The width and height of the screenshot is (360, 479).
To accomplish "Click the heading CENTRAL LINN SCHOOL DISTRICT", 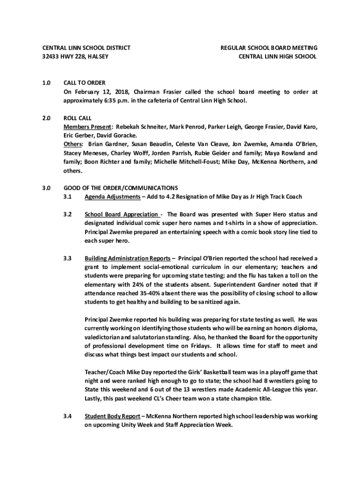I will pos(86,48).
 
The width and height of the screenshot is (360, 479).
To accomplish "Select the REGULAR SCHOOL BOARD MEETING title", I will pos(269,48).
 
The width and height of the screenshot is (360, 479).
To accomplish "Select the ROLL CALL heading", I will pos(78,118).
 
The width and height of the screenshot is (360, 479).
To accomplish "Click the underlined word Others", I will pos(73,144).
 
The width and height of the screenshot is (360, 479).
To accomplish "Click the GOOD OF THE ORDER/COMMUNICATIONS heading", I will pos(121,188).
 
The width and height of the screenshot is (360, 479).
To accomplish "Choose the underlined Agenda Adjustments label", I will pos(112,196).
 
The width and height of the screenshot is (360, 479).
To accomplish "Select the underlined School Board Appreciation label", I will pos(121,214).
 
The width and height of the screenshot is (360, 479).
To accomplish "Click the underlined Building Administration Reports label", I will pos(127,258).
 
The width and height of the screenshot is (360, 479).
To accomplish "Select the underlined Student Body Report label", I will pos(112,416).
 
